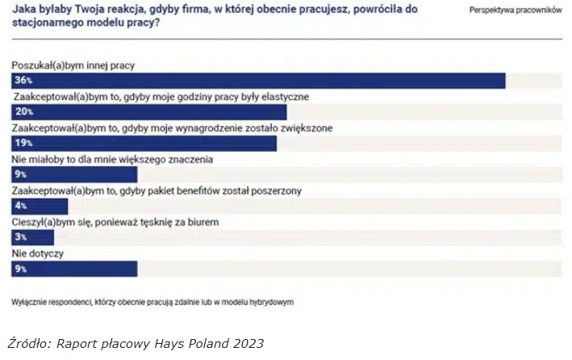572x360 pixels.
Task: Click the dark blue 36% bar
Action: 258,81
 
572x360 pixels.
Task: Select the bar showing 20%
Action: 149,112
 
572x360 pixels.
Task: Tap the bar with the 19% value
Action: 144,143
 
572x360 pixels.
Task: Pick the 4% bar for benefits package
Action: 40,206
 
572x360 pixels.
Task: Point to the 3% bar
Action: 33,237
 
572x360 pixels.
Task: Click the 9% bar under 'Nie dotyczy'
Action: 74,269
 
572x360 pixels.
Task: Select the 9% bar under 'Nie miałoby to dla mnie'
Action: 74,174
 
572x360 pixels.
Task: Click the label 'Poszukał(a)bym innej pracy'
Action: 73,65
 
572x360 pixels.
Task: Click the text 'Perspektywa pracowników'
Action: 515,10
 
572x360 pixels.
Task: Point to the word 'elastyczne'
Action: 279,97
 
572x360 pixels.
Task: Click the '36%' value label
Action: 23,81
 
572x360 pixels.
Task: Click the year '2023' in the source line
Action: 247,343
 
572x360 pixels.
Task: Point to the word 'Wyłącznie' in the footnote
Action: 31,303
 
